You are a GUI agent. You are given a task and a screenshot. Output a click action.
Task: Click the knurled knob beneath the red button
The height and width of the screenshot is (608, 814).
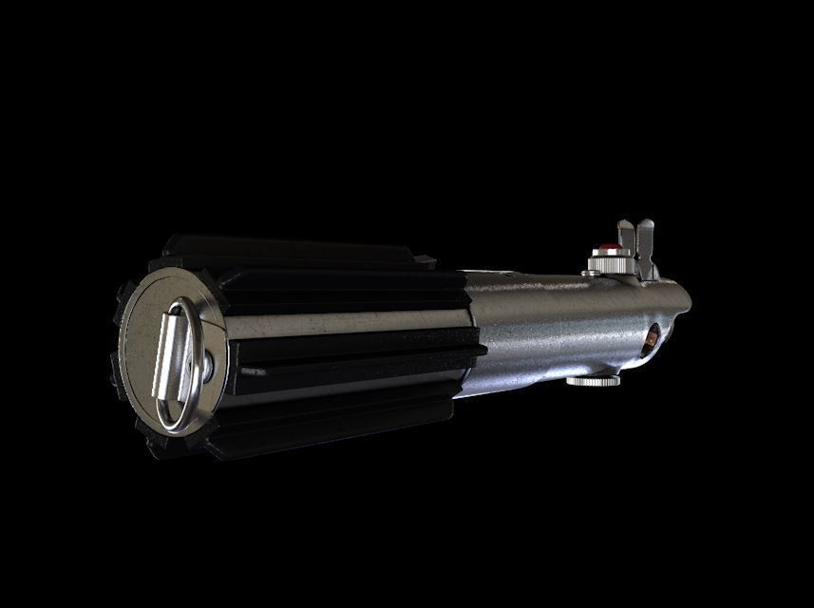(x=610, y=261)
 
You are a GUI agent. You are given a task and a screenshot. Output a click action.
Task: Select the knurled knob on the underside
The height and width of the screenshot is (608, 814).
(x=593, y=381)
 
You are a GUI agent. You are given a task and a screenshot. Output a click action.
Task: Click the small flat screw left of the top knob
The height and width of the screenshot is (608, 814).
(x=591, y=273)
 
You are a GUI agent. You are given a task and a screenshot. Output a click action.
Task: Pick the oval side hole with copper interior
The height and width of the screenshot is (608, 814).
(x=651, y=339)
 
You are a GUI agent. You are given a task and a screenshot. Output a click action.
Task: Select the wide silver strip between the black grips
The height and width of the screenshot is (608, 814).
(x=342, y=324)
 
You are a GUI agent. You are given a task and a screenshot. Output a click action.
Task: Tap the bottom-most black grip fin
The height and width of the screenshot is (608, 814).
(x=313, y=437)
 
